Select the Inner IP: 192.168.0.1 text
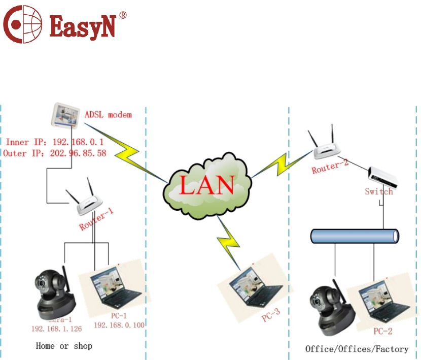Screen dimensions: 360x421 point(55,142)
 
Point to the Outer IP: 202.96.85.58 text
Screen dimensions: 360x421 point(55,152)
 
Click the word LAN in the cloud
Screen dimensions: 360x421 point(207,185)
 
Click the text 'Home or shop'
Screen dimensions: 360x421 point(64,346)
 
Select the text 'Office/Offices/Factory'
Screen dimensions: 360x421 point(357,349)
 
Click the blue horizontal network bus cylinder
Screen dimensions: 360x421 point(355,236)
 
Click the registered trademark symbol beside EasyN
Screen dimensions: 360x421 point(122,15)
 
